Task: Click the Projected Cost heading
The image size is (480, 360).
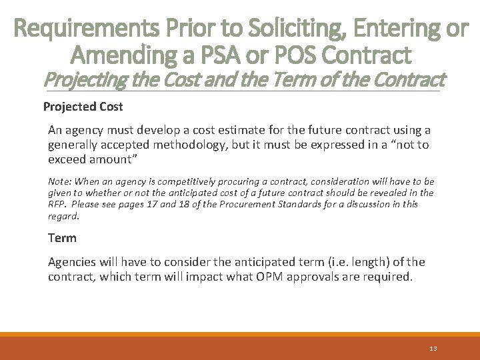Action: coord(83,107)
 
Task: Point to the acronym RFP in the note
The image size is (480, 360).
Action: coord(57,204)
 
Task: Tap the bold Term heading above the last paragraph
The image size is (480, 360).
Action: coord(62,237)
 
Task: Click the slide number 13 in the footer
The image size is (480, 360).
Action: coord(433,349)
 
